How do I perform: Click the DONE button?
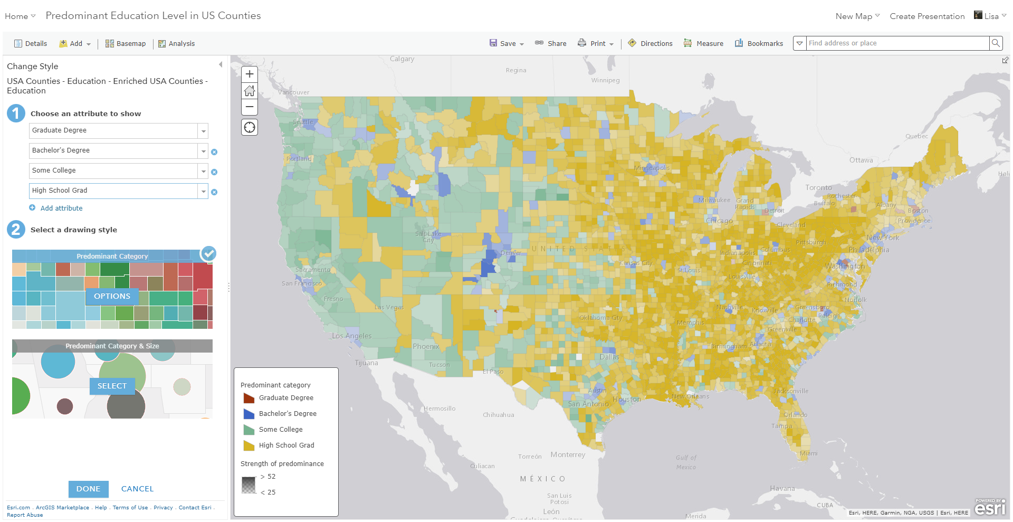[x=88, y=489]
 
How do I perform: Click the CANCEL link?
[x=137, y=489]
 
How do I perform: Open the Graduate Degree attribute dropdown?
[x=203, y=131]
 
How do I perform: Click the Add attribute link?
[x=61, y=208]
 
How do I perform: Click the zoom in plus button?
[x=250, y=74]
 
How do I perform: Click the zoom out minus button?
[x=250, y=107]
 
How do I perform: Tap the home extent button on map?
[x=250, y=91]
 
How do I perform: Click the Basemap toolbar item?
[x=126, y=44]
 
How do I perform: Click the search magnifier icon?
[x=996, y=43]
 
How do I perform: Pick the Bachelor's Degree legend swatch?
[x=249, y=414]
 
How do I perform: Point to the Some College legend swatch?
[x=249, y=430]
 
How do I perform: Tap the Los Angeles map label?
[x=352, y=336]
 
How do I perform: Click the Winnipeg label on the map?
[x=605, y=81]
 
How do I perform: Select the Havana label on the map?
[x=782, y=489]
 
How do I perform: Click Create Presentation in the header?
[x=927, y=16]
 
